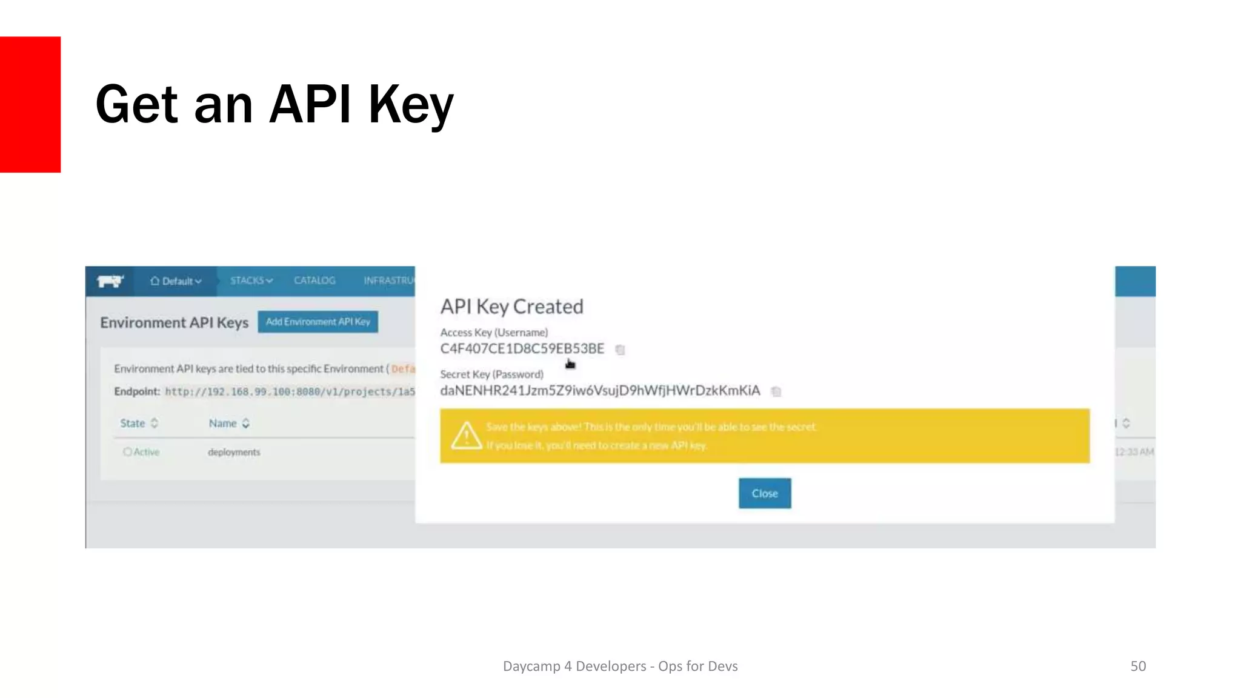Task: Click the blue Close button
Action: click(x=764, y=493)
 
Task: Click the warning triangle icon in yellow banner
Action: click(x=466, y=435)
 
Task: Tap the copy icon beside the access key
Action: click(x=620, y=350)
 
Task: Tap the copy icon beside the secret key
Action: click(x=776, y=391)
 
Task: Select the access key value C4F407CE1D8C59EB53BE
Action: click(x=522, y=349)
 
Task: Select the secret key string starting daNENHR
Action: click(x=599, y=391)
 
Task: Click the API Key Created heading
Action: click(x=511, y=307)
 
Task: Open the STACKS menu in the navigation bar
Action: click(x=251, y=281)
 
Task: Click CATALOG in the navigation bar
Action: click(x=314, y=281)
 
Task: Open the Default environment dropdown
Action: click(x=176, y=281)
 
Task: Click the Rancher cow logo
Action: click(x=110, y=281)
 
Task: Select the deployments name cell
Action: click(x=234, y=452)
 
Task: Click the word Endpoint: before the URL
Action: click(x=137, y=391)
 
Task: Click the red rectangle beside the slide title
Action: click(x=30, y=104)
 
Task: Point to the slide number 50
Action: click(x=1137, y=666)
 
